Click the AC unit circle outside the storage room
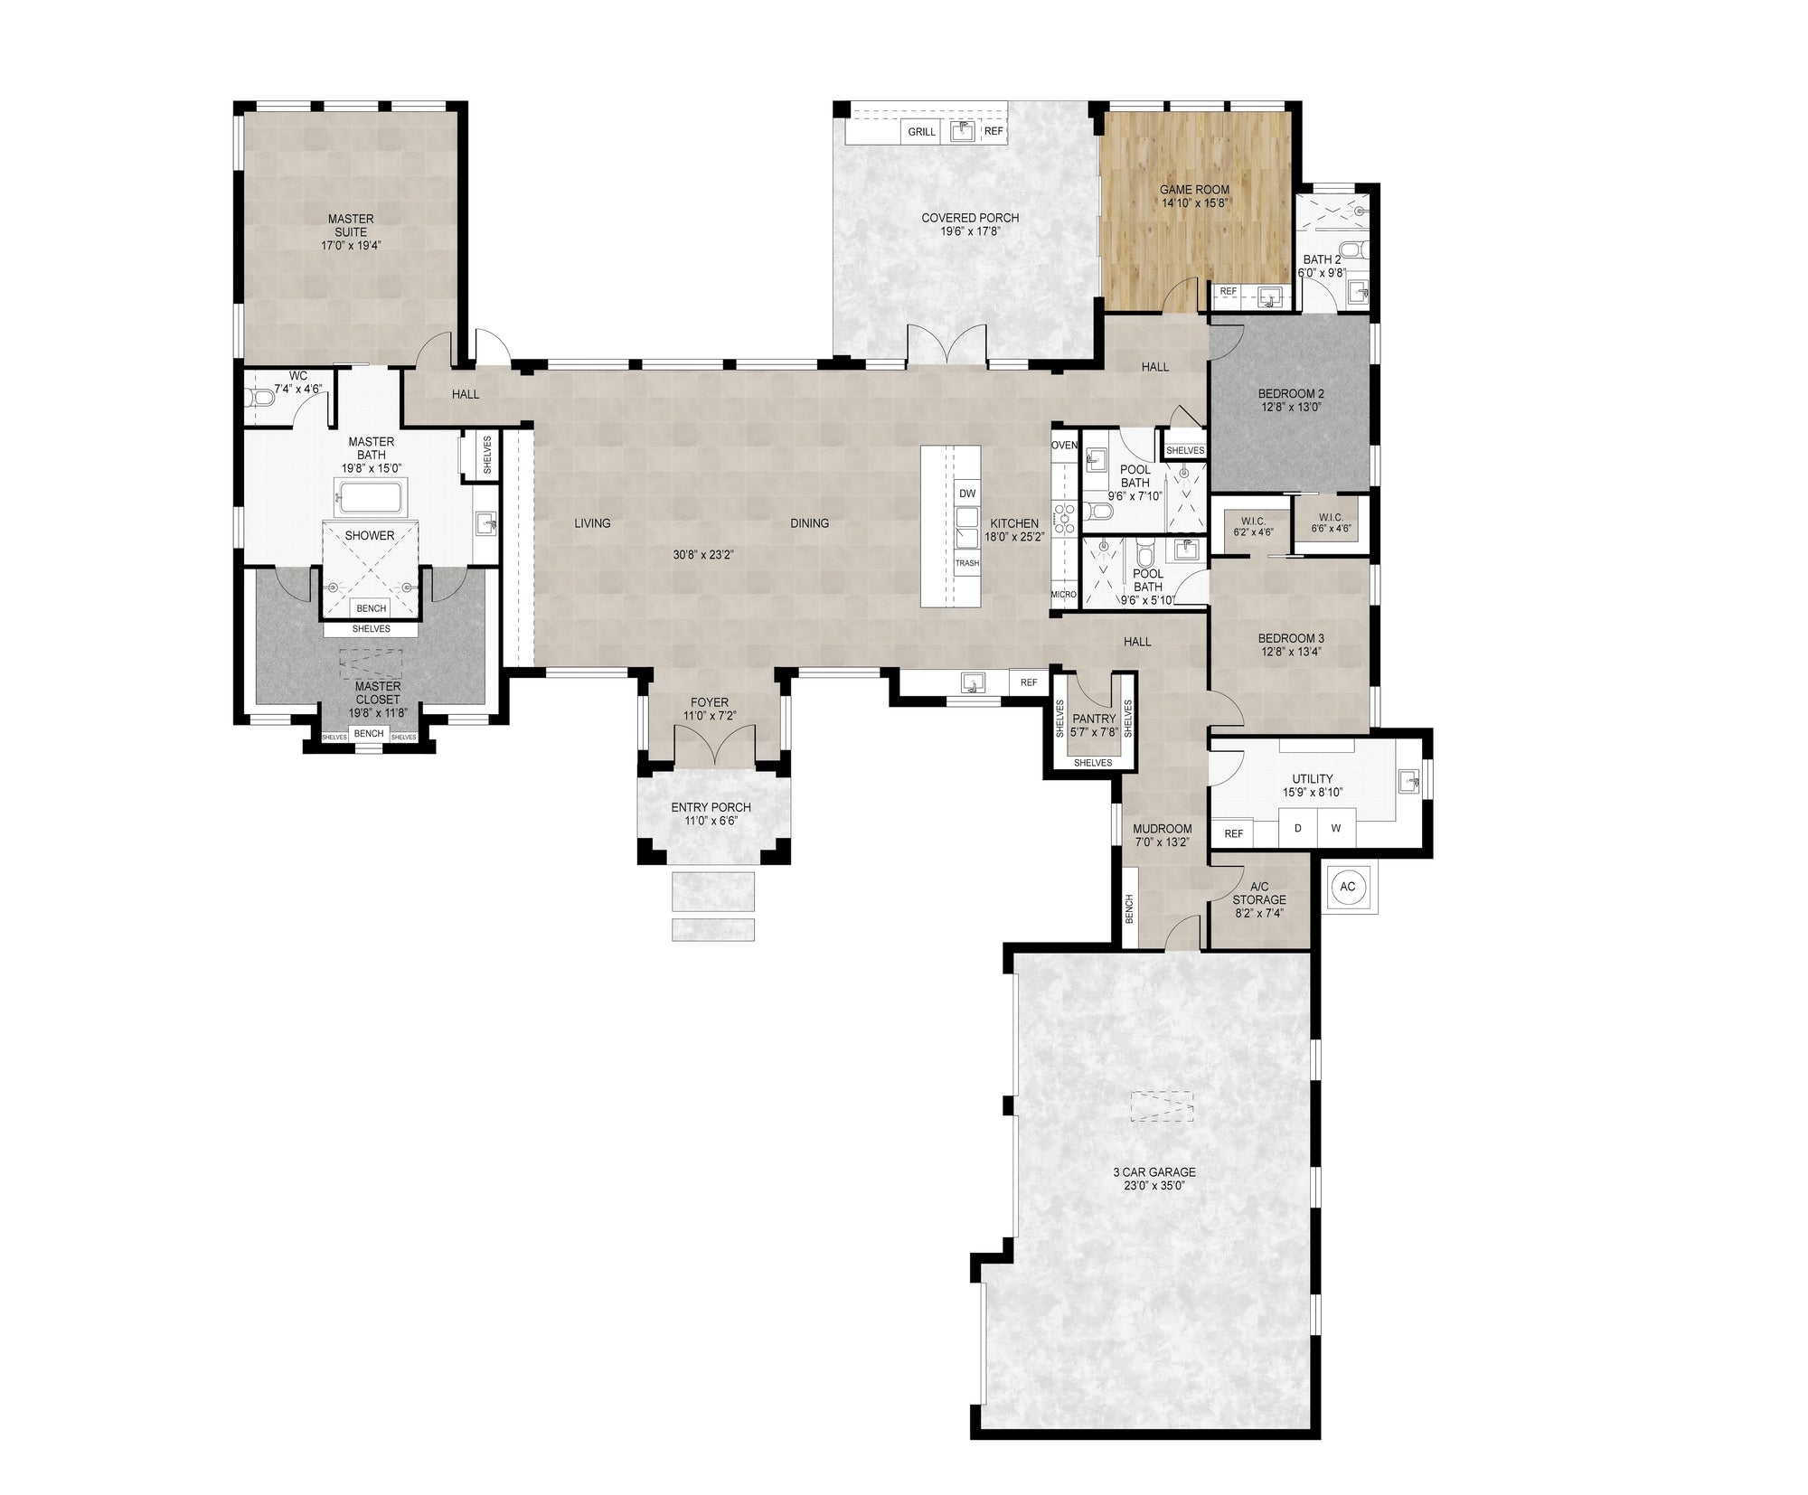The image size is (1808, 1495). (1347, 887)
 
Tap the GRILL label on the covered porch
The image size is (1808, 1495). (921, 132)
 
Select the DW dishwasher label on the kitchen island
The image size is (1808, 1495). (967, 494)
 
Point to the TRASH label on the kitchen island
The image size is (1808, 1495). (967, 563)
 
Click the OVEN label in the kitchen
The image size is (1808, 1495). (1064, 446)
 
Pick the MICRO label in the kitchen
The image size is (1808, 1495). (1064, 595)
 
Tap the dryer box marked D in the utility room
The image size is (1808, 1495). (1298, 828)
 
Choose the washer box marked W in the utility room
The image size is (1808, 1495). (1336, 828)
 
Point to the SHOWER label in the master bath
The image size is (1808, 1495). (370, 536)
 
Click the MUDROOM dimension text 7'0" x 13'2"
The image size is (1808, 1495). (1162, 842)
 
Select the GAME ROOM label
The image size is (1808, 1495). (1194, 191)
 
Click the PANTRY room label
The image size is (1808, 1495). (1093, 719)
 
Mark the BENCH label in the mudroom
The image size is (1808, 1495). (1129, 909)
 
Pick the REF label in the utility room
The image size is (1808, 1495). (1233, 834)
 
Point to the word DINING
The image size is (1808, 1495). (809, 523)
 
